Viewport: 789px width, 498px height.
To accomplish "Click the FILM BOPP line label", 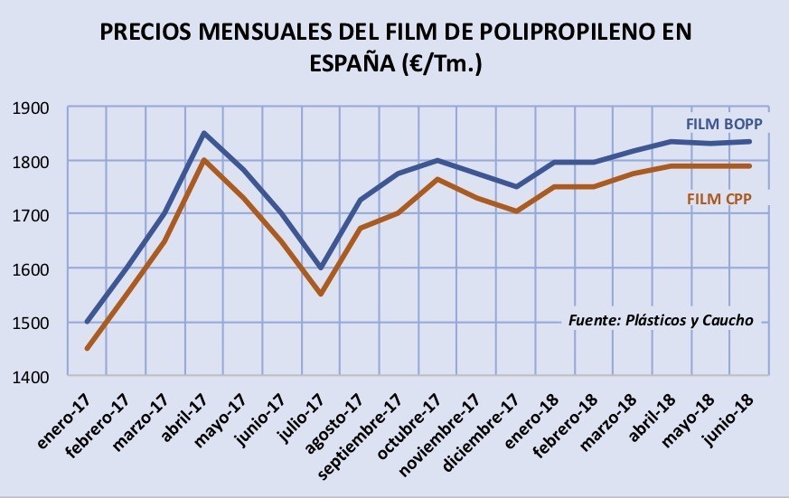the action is click(x=725, y=124).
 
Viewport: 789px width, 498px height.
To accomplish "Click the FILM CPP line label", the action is click(x=719, y=199).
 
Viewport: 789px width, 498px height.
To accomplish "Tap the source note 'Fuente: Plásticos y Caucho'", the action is click(x=661, y=321).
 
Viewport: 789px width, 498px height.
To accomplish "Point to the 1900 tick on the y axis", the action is click(x=31, y=108).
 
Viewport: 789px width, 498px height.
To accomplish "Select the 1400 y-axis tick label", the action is click(x=31, y=376).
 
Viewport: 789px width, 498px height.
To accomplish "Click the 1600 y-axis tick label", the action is click(x=31, y=269).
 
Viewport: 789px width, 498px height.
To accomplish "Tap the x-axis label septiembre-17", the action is click(x=361, y=436).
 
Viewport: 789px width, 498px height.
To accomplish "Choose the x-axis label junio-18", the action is click(x=730, y=419).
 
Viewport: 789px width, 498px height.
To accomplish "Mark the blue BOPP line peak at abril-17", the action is click(x=203, y=133).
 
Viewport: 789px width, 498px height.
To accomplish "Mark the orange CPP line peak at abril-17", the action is click(x=203, y=160).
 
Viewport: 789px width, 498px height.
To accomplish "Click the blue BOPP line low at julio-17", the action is click(x=321, y=268).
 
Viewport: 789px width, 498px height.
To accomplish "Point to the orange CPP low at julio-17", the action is click(x=321, y=293).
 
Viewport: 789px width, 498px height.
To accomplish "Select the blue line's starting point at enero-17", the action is click(x=88, y=321).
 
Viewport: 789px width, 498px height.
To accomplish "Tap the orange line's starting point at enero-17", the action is click(x=88, y=348).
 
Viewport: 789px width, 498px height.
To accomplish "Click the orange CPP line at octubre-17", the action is click(x=437, y=179).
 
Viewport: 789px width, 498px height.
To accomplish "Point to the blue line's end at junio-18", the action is click(x=749, y=141).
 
